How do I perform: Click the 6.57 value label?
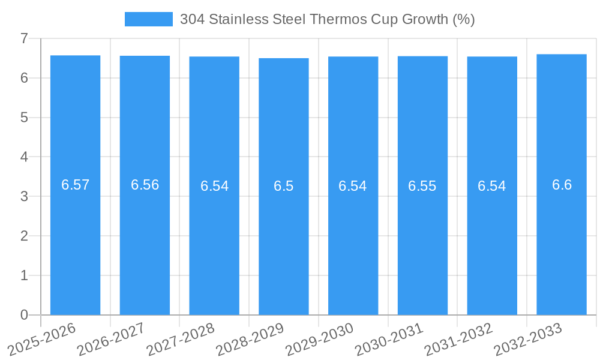click(75, 185)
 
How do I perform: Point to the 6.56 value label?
click(145, 185)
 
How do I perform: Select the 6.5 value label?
click(283, 186)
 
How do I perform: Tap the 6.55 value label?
click(422, 186)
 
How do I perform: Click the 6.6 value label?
click(562, 185)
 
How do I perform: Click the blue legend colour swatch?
click(148, 19)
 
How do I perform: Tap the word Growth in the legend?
click(425, 19)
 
